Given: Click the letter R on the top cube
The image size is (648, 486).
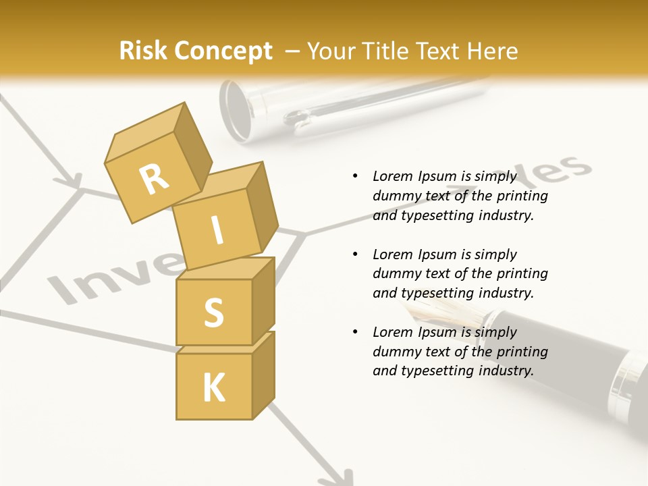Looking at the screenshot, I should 155,179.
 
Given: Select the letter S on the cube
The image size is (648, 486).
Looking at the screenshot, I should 213,313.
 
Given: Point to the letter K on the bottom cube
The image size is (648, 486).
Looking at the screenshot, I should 213,388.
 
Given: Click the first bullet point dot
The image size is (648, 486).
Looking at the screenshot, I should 355,177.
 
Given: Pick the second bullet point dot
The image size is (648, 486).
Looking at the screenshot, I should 355,254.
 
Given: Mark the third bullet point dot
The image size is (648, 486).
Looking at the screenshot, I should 355,332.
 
